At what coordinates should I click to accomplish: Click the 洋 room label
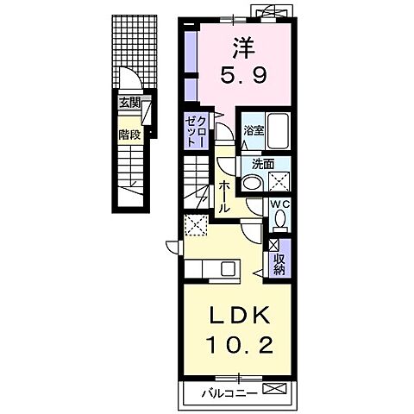point(244,48)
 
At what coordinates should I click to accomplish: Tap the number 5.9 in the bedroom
point(244,75)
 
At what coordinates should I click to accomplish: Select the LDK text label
point(239,316)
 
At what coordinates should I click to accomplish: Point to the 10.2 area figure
point(239,345)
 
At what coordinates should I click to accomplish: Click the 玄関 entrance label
point(129,103)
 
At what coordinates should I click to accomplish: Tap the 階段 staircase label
point(129,135)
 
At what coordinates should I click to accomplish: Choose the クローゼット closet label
point(196,132)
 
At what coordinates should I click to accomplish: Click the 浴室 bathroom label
point(254,130)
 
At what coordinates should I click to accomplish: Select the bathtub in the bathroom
point(278,131)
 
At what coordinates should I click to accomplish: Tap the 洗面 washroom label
point(263,165)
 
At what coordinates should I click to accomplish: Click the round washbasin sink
point(252,182)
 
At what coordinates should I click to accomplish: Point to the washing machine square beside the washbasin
point(279,181)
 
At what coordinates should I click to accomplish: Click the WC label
point(280,204)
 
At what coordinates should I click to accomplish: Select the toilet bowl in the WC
point(280,218)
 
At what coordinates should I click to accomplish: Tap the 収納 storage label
point(279,264)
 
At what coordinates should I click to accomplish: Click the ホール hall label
point(224,198)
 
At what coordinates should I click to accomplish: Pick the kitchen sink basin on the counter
point(229,268)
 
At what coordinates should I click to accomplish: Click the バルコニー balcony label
point(229,392)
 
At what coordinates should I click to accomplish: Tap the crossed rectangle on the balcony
point(274,389)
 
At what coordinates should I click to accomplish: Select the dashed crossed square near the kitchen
point(196,225)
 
